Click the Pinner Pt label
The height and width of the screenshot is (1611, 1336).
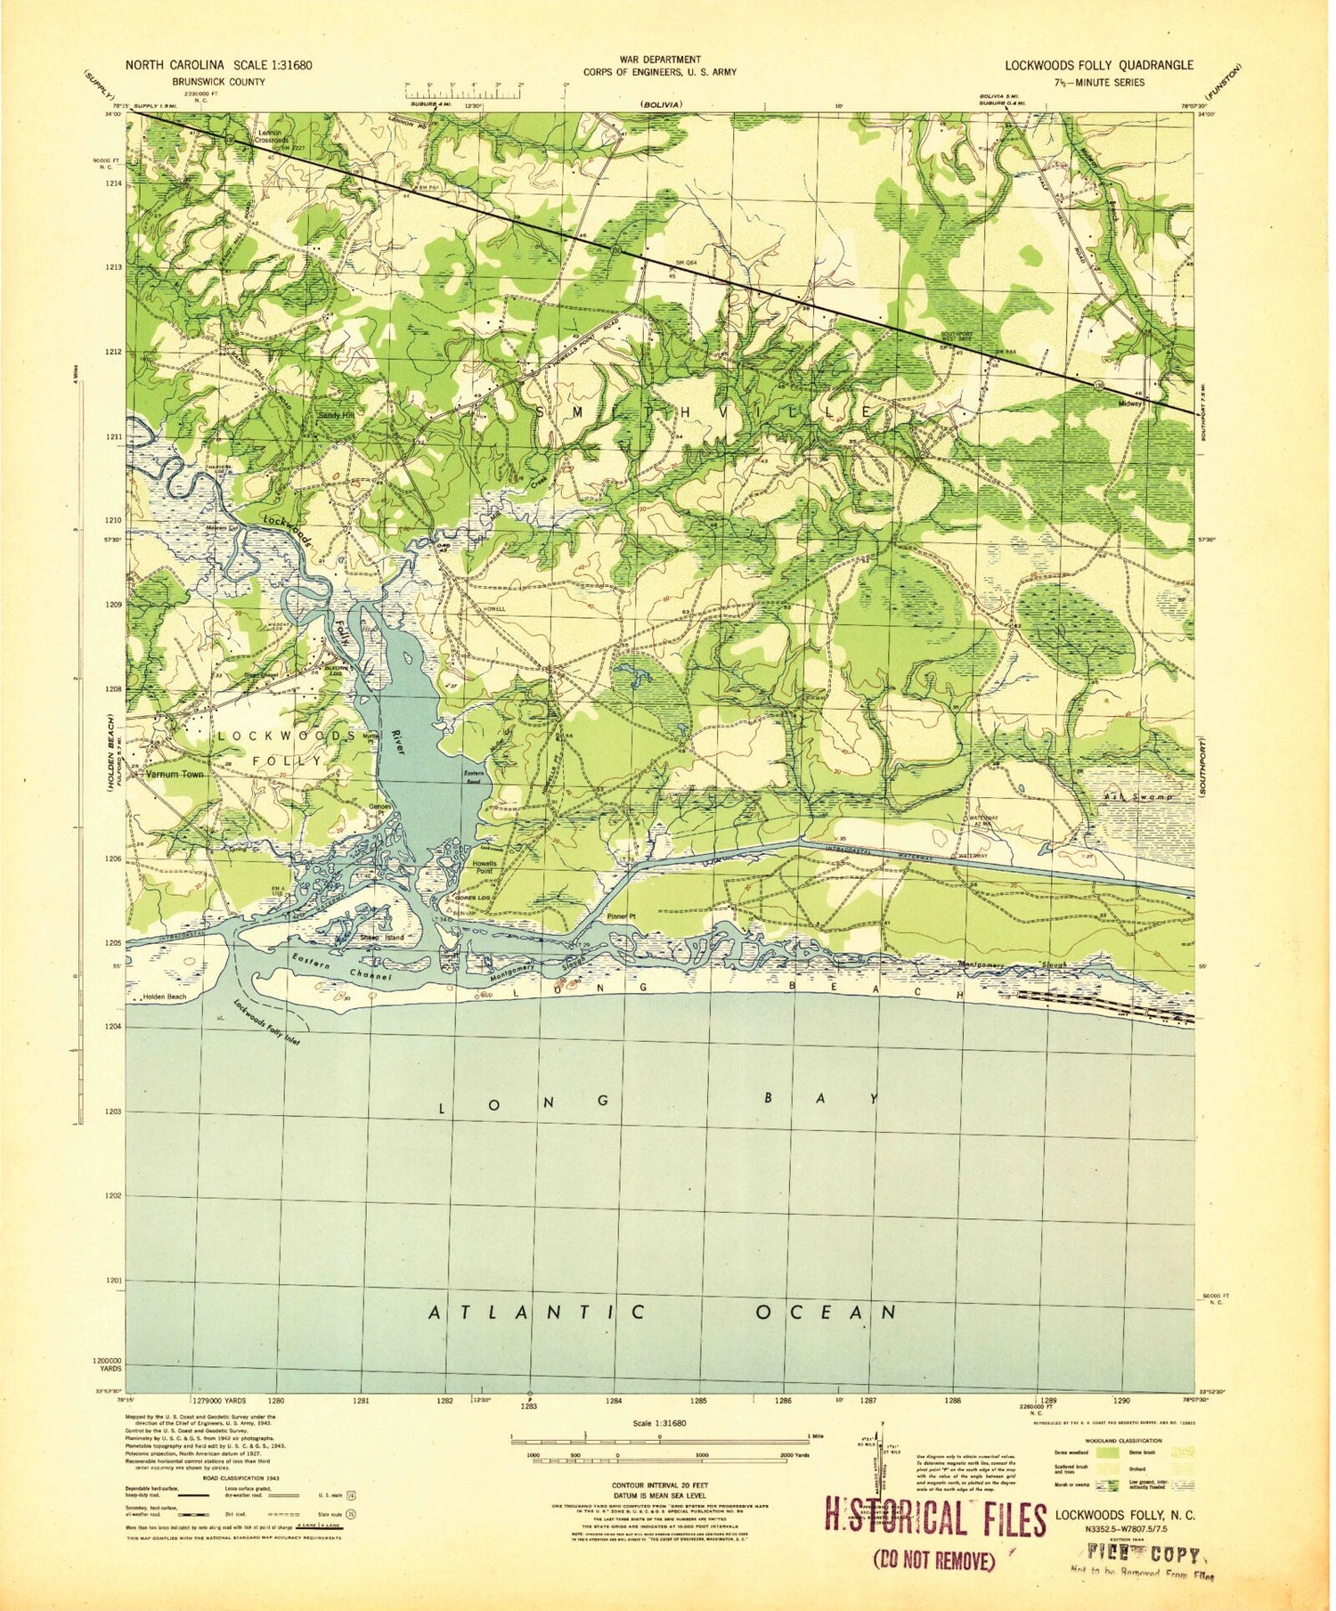[x=621, y=916]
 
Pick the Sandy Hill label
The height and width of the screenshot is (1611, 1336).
[x=336, y=415]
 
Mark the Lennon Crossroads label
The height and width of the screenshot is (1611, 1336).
[x=272, y=135]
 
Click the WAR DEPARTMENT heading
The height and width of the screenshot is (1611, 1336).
[x=660, y=60]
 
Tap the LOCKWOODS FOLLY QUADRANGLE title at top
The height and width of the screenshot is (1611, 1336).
[x=1099, y=65]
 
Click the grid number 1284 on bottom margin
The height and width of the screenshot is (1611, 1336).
[x=614, y=1401]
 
